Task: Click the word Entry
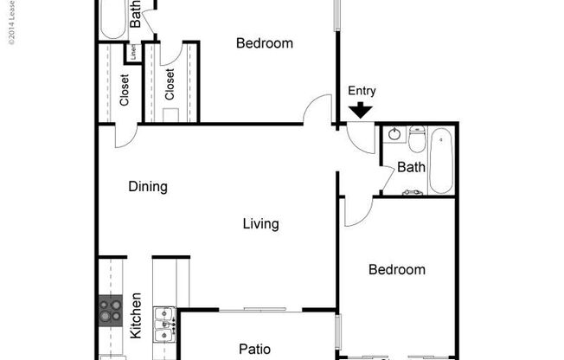362,91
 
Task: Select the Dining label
147,186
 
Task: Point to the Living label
260,224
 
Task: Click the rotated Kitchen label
135,316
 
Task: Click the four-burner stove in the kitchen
111,308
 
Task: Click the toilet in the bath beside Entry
417,138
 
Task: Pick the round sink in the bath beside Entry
394,134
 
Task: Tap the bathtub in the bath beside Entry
440,161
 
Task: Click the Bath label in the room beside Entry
411,166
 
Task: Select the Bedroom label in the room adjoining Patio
396,269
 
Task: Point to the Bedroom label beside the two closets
265,43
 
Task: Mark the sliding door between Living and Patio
259,309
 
